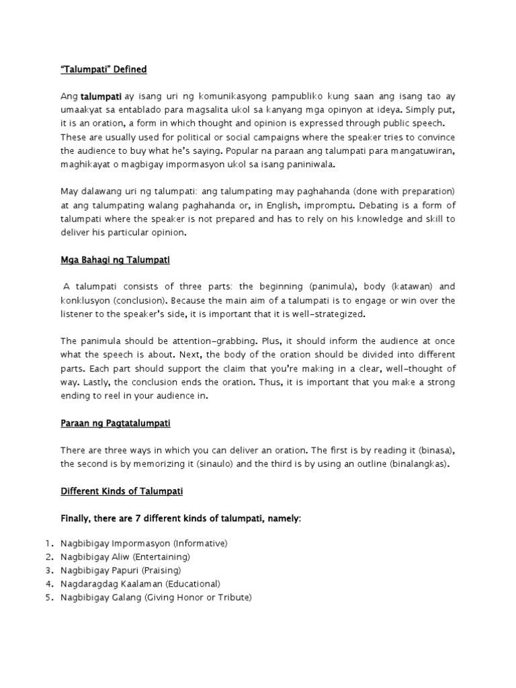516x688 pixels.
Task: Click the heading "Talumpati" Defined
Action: tap(103, 70)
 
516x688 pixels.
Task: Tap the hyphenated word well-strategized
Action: tap(324, 314)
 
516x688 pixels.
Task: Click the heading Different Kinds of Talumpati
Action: tap(122, 492)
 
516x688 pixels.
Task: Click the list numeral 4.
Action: tap(49, 584)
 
